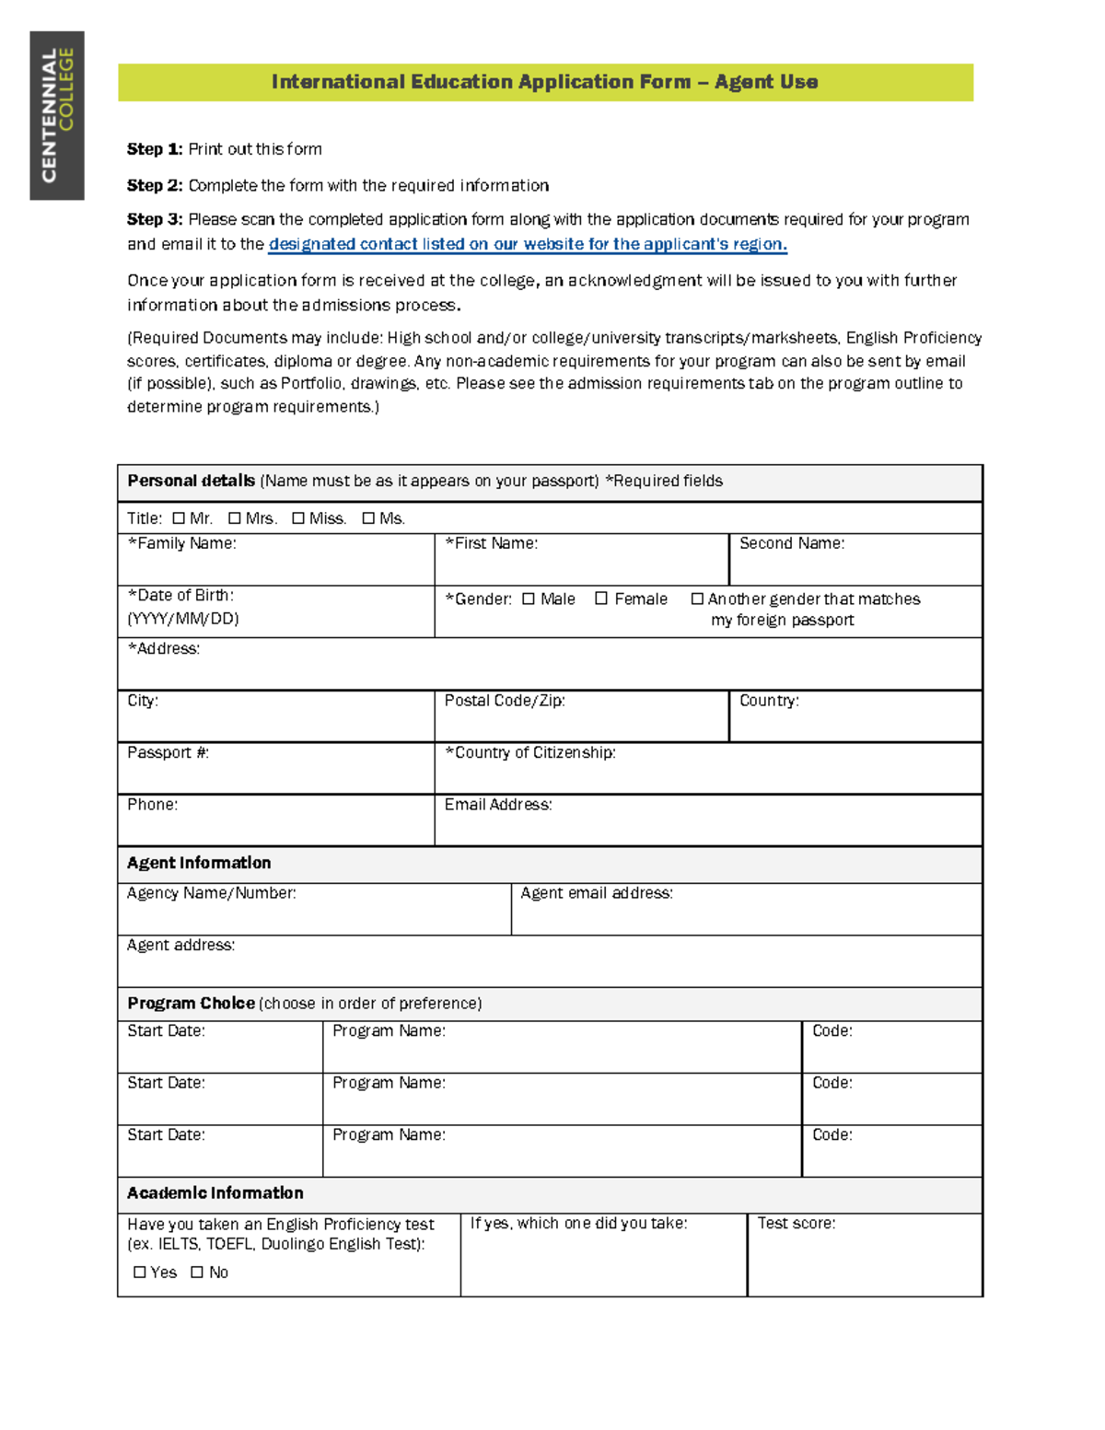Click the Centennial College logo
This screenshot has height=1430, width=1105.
click(57, 115)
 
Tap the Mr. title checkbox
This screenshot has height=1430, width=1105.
click(179, 518)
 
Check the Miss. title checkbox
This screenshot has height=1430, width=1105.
click(298, 518)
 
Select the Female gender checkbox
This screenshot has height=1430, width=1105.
click(601, 599)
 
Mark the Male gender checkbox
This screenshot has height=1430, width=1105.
click(528, 599)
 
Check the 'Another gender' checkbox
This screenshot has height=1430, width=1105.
click(697, 599)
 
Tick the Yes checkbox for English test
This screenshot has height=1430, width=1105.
click(140, 1272)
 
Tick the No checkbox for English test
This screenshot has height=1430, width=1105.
click(196, 1272)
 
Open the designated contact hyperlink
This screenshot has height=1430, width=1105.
click(527, 244)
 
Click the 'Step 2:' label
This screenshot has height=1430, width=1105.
click(155, 185)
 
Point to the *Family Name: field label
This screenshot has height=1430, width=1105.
click(181, 543)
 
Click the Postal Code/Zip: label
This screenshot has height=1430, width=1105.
click(505, 701)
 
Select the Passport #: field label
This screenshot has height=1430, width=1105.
click(168, 752)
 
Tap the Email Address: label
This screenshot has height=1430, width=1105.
click(498, 805)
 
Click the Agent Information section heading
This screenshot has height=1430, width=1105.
click(199, 863)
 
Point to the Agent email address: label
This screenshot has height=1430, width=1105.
click(597, 893)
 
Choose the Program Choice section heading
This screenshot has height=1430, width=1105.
click(191, 1003)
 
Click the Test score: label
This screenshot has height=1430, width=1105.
click(797, 1223)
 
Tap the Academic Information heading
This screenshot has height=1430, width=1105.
click(215, 1192)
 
